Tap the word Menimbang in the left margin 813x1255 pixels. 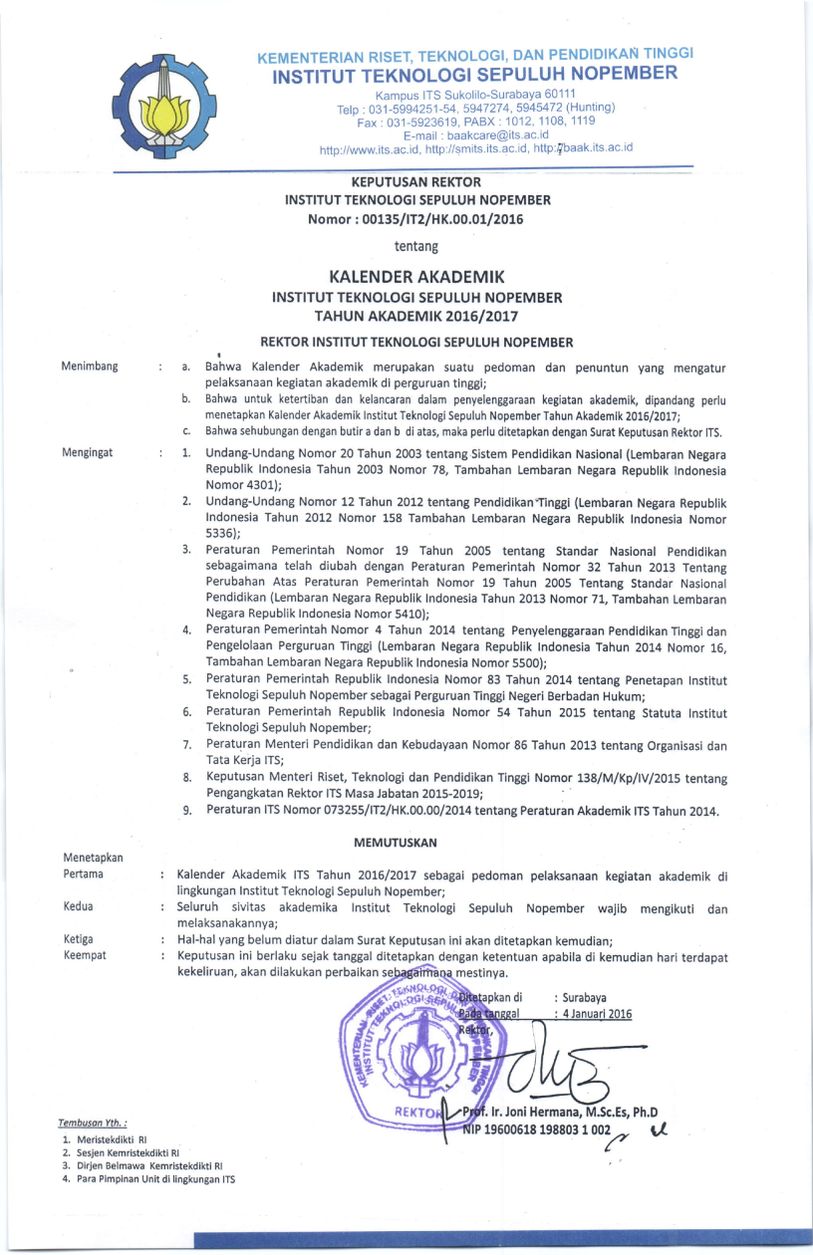90,367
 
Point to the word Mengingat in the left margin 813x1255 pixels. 87,452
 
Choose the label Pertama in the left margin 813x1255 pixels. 83,874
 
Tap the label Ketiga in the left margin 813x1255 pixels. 79,939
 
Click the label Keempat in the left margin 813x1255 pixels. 85,955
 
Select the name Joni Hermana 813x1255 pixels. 573,1113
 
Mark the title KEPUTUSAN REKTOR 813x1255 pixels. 417,182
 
